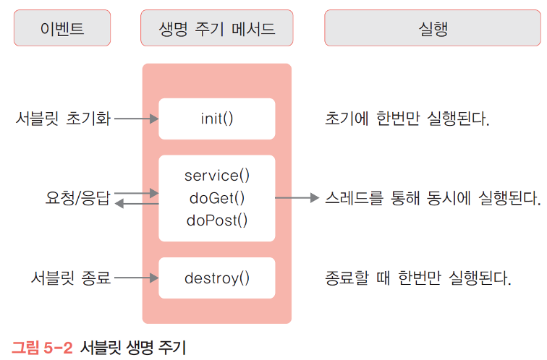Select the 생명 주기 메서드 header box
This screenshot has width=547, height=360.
coord(216,30)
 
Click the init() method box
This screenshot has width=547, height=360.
coord(216,119)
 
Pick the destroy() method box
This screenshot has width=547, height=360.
coord(216,278)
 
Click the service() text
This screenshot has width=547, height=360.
coord(216,176)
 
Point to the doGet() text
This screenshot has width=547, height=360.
coord(216,197)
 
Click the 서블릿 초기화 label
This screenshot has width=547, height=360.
coord(63,119)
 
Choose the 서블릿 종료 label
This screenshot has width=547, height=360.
coord(71,278)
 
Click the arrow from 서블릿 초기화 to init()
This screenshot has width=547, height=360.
coord(136,119)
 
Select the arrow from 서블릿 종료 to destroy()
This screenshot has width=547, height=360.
coord(136,278)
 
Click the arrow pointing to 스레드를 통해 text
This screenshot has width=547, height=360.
coord(297,197)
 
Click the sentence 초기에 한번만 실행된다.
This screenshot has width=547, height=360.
coord(407,119)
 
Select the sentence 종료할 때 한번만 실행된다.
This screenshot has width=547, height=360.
coord(418,278)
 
